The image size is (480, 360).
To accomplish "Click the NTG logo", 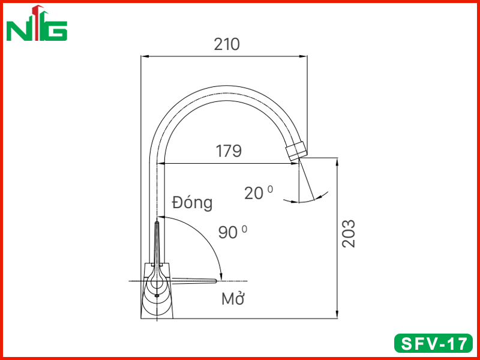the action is pyautogui.click(x=37, y=23).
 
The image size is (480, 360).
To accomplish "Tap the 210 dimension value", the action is pyautogui.click(x=227, y=44).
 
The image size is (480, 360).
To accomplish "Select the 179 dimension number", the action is pyautogui.click(x=229, y=151).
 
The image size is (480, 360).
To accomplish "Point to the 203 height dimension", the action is pyautogui.click(x=349, y=233).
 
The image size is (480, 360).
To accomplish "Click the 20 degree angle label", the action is pyautogui.click(x=259, y=193).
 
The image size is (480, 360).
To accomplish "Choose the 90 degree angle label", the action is pyautogui.click(x=233, y=232).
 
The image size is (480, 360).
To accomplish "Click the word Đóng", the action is pyautogui.click(x=192, y=203).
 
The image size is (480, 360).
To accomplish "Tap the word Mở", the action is pyautogui.click(x=233, y=299).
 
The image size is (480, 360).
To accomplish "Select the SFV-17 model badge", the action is pyautogui.click(x=433, y=343).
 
